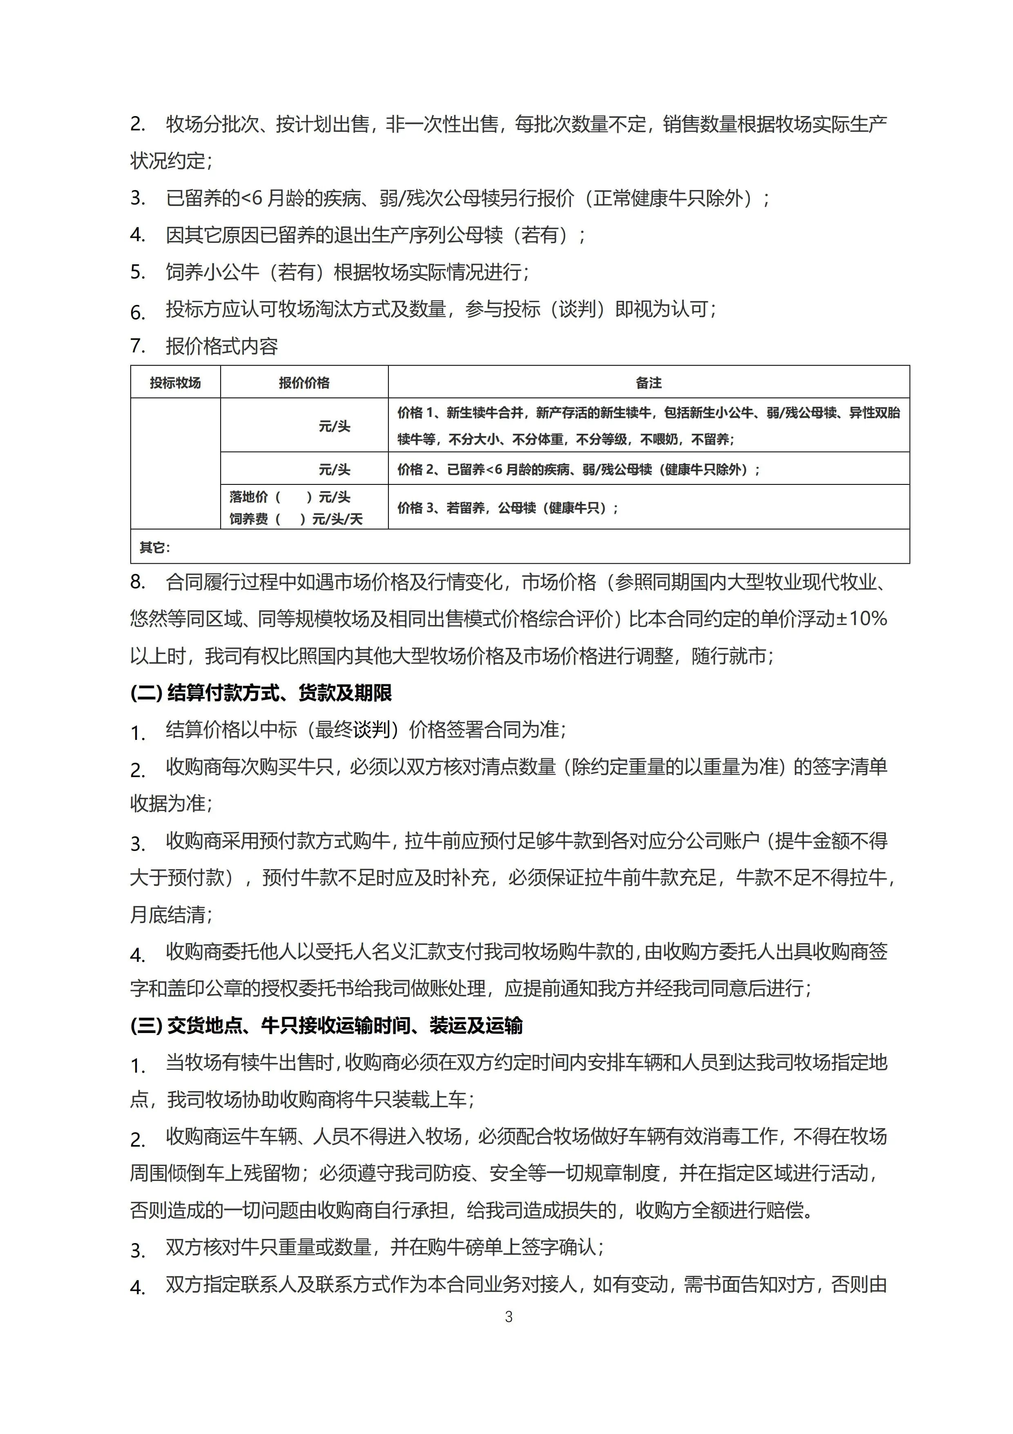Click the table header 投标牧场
point(175,383)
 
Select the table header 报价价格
point(304,383)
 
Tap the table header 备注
point(649,383)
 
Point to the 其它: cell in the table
point(154,548)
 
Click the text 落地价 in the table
point(248,497)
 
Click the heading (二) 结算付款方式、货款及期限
point(261,693)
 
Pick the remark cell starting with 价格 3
point(507,508)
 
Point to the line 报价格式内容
point(221,347)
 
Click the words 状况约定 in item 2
point(167,161)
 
